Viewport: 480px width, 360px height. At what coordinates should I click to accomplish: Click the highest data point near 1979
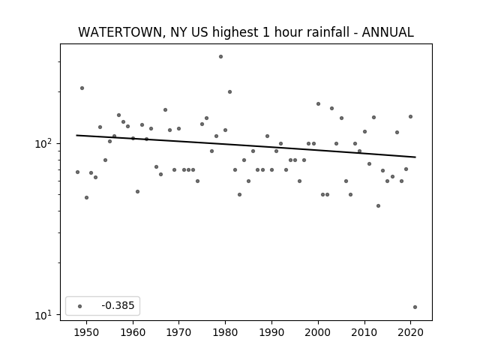[220, 57]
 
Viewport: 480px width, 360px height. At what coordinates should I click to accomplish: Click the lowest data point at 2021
[415, 307]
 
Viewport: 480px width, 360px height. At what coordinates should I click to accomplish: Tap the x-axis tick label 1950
[87, 332]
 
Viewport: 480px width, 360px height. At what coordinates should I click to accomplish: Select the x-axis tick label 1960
[133, 332]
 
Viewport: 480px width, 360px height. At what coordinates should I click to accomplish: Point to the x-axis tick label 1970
[179, 332]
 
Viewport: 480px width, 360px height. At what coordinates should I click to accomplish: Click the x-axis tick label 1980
[226, 332]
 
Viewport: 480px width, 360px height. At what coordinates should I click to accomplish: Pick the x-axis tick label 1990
[271, 332]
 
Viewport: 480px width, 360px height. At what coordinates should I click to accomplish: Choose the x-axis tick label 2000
[318, 332]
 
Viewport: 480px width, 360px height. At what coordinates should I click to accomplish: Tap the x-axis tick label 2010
[364, 332]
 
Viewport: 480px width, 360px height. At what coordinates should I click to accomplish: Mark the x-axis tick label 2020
[410, 332]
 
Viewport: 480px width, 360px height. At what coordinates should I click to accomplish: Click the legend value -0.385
[118, 305]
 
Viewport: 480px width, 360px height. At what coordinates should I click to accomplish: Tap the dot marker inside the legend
[80, 306]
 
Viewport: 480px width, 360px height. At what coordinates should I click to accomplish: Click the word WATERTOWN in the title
[120, 32]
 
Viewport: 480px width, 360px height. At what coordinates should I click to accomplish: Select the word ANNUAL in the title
[388, 32]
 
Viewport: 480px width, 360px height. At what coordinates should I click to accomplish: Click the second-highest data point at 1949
[82, 88]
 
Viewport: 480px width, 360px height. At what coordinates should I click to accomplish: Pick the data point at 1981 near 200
[230, 91]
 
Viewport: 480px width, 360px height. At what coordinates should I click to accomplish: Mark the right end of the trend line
[415, 157]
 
